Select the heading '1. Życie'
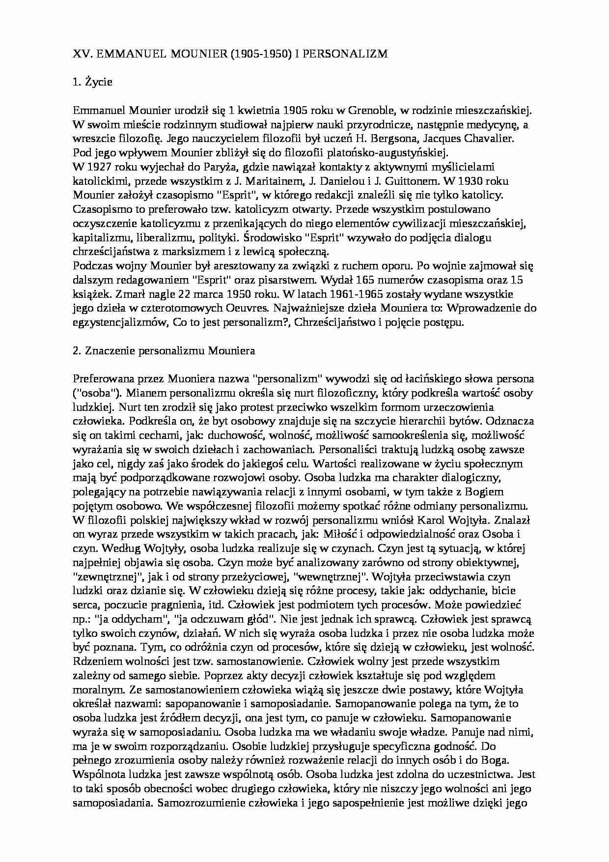tap(92, 82)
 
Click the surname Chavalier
tap(487, 138)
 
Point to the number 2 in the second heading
tap(76, 351)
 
